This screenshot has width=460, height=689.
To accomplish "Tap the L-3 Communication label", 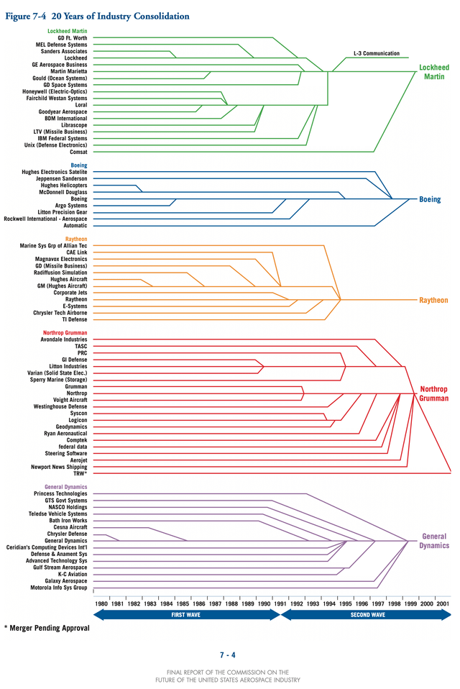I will (377, 54).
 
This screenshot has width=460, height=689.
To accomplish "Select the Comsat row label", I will (78, 152).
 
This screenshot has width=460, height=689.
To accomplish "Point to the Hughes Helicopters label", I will (64, 186).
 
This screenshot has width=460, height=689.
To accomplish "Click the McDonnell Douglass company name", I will (63, 192).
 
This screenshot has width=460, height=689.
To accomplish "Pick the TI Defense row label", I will (73, 319).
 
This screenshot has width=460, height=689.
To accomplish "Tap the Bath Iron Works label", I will (68, 521).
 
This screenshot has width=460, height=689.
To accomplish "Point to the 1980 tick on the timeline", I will (101, 604).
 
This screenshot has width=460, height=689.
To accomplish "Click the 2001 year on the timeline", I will (443, 604).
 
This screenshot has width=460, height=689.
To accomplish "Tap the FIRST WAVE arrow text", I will (186, 615).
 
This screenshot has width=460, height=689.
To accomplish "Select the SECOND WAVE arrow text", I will (367, 615).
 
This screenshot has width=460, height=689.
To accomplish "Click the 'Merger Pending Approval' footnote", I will (47, 628).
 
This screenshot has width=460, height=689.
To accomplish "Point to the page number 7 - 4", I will (228, 654).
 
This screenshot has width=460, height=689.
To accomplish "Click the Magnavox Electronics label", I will (61, 259).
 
